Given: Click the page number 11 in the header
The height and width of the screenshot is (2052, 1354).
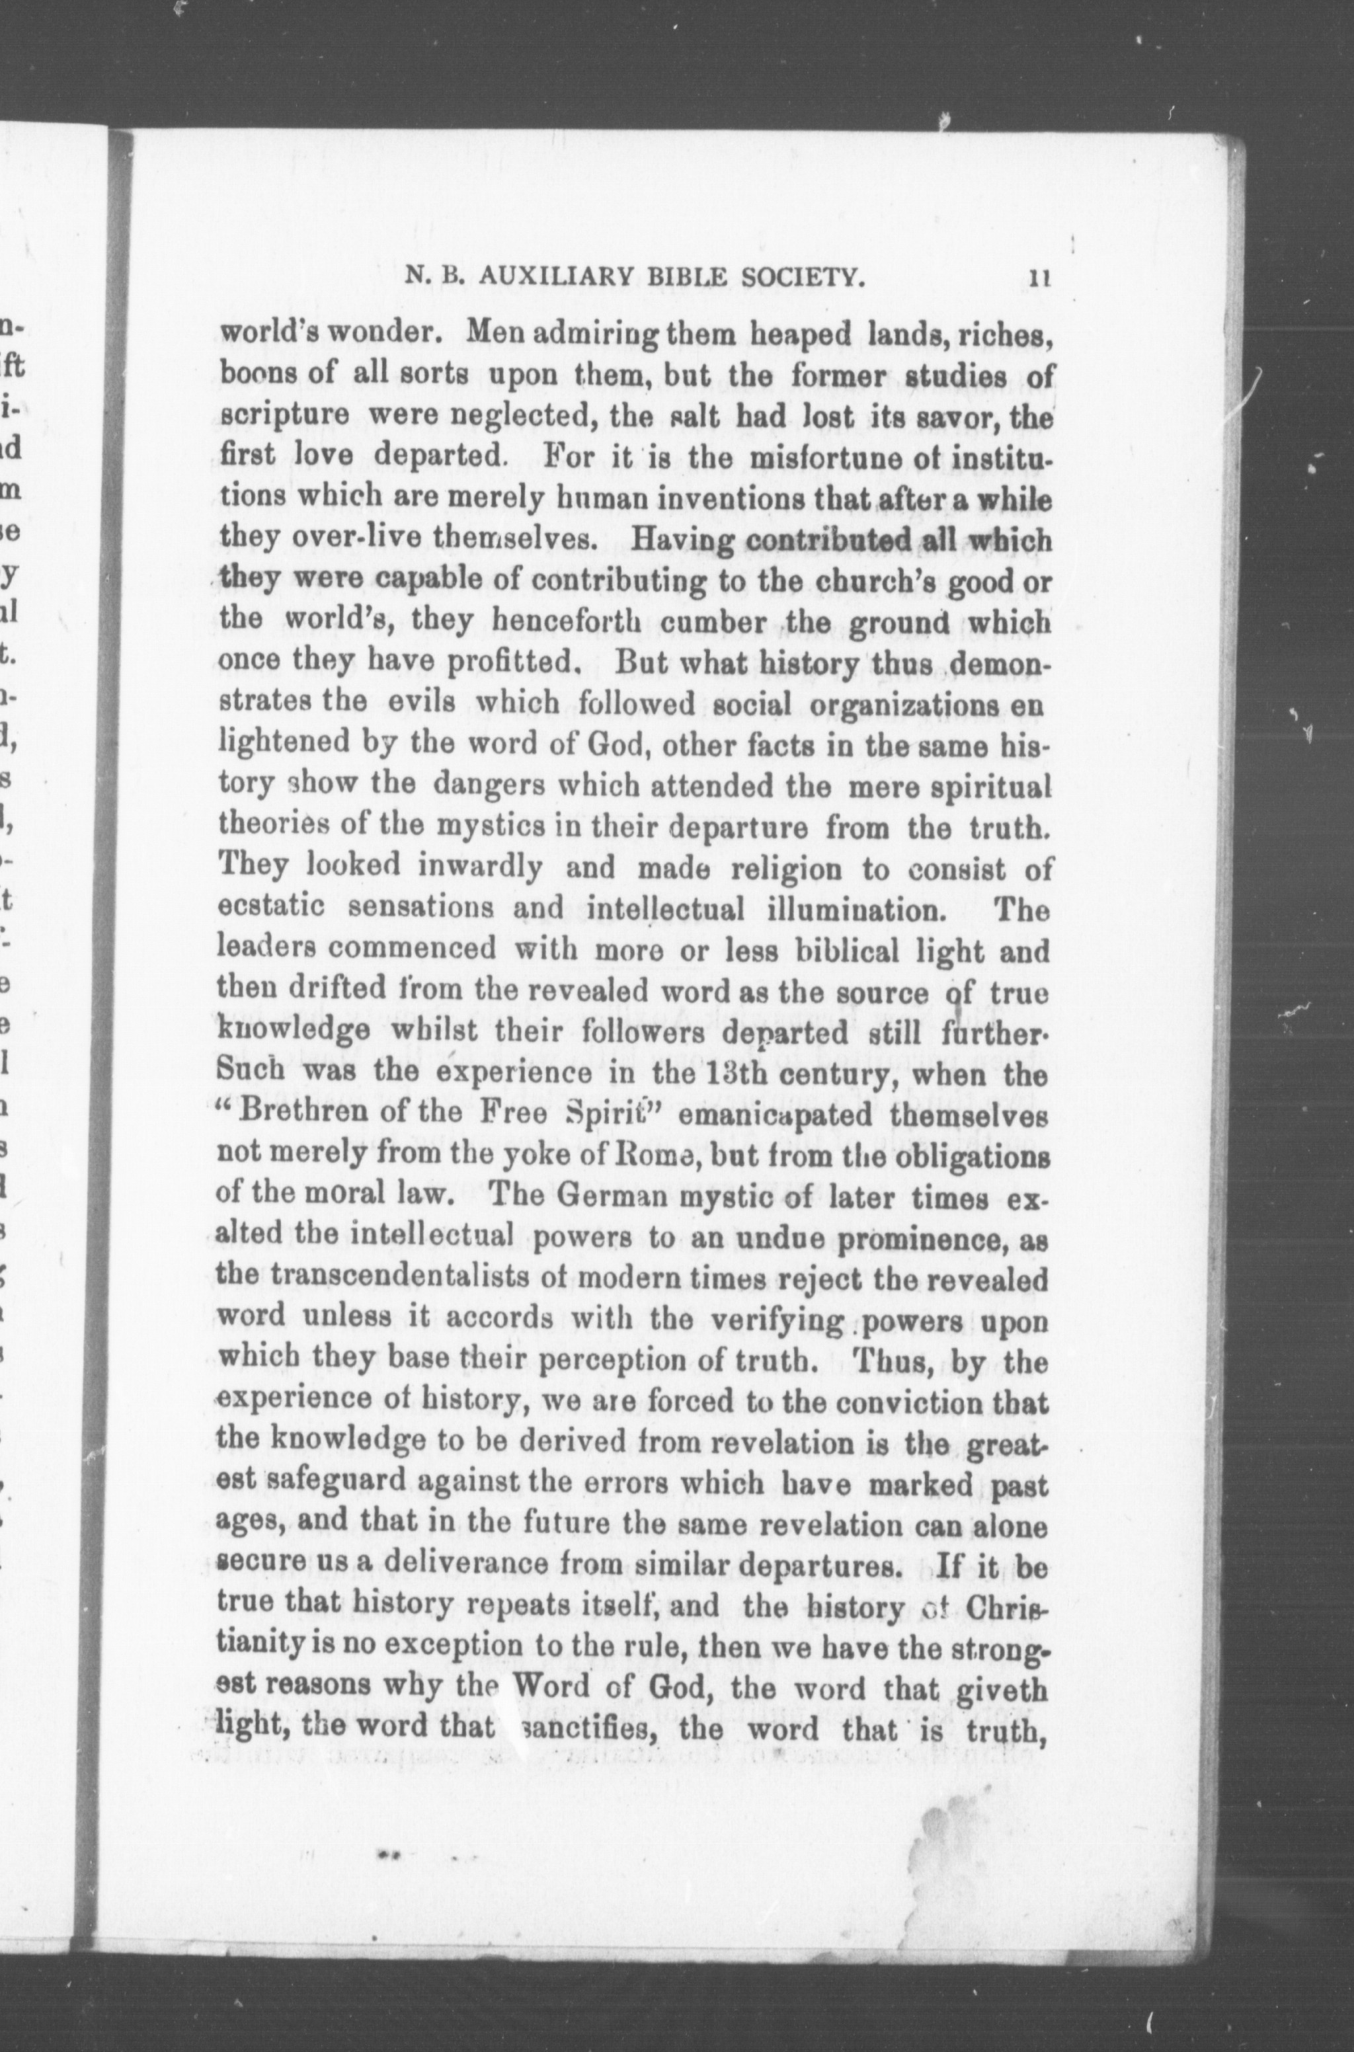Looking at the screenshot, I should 1038,278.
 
